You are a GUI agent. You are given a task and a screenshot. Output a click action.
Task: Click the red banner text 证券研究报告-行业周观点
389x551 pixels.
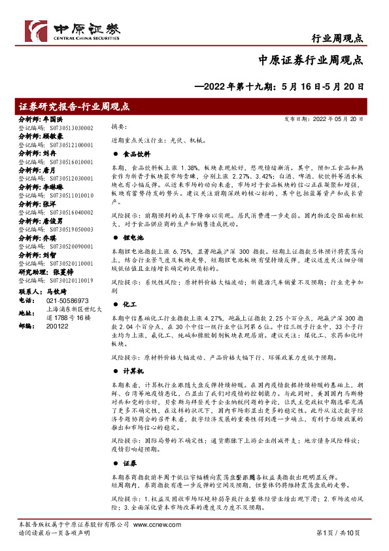pyautogui.click(x=74, y=106)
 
